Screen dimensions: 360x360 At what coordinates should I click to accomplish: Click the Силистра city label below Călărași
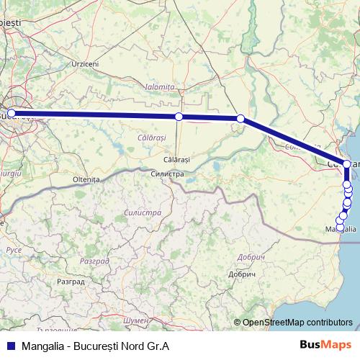pos(167,174)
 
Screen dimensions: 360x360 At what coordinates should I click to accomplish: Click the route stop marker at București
pos(11,113)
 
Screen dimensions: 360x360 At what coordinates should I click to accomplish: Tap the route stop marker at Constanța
pos(347,164)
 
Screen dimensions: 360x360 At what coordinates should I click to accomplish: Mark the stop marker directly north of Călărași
pos(179,117)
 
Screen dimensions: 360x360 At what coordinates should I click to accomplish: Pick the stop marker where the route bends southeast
pos(240,119)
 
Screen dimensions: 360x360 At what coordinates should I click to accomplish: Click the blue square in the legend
pos(9,346)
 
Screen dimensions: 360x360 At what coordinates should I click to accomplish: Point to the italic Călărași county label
pos(151,136)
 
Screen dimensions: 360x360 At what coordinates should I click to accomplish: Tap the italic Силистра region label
pos(142,213)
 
